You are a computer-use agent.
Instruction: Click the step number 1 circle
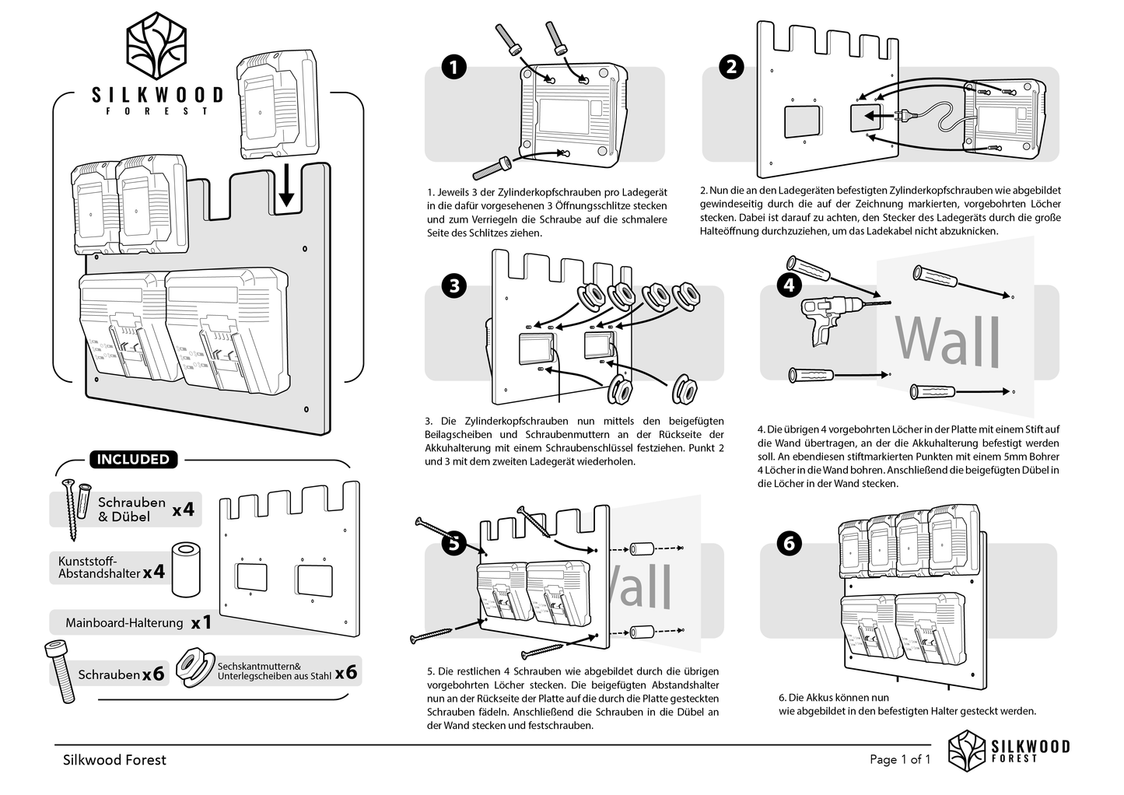pyautogui.click(x=453, y=68)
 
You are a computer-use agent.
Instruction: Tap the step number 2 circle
pyautogui.click(x=731, y=67)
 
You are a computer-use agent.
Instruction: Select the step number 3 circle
pyautogui.click(x=453, y=285)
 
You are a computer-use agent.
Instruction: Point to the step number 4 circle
pyautogui.click(x=789, y=284)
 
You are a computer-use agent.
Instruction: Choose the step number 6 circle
pyautogui.click(x=789, y=542)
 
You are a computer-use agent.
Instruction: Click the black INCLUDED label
pyautogui.click(x=132, y=460)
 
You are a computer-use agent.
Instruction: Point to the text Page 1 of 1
pyautogui.click(x=899, y=760)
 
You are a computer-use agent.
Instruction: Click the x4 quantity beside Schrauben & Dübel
pyautogui.click(x=183, y=510)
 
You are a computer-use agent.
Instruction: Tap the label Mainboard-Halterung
pyautogui.click(x=124, y=623)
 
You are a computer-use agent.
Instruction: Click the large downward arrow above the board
pyautogui.click(x=286, y=184)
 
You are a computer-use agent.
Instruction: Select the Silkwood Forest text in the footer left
pyautogui.click(x=114, y=760)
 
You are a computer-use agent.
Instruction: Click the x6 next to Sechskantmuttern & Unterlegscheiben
pyautogui.click(x=346, y=671)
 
